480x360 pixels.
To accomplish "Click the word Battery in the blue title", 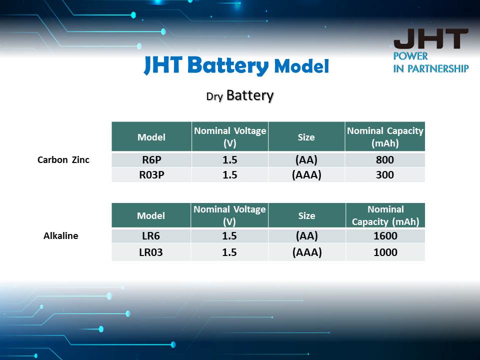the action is pos(228,66).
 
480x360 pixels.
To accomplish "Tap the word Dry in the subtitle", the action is pos(214,96).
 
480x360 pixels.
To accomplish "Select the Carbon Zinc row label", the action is pos(63,160).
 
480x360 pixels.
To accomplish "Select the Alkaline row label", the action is pos(61,235).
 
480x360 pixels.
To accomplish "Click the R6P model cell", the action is pos(151,160).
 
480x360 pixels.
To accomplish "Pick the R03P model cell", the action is pos(151,175).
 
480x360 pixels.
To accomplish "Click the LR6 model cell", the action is pos(151,235).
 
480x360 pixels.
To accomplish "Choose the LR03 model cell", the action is pos(151,252).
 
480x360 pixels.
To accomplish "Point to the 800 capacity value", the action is pos(385,160).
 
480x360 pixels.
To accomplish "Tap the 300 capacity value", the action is pos(385,175).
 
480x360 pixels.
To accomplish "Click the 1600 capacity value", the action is pos(385,235).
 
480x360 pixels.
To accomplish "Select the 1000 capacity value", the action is pos(385,252).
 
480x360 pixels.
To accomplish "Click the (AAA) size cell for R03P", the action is pos(306,175).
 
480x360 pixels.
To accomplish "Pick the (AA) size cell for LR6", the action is pos(306,236).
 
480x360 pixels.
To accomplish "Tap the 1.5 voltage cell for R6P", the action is pos(230,160).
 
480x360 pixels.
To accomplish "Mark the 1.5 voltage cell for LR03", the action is pos(229,252).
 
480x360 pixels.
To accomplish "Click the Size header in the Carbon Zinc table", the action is pos(306,137).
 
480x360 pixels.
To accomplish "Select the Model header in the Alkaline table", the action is pos(151,216).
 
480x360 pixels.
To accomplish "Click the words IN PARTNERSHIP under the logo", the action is pos(431,68).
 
